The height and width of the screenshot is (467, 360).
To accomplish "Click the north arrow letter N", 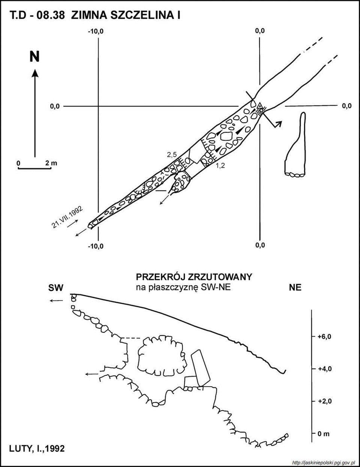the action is [34, 57].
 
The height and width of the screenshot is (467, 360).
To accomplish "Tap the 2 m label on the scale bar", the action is [51, 163].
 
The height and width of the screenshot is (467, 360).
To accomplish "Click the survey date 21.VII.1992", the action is [67, 217].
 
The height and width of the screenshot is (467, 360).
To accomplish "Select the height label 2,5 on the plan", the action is [172, 154].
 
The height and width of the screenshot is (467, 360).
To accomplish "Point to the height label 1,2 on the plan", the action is [220, 166].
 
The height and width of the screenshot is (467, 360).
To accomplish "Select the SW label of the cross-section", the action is [55, 288].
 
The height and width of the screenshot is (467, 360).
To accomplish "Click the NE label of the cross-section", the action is [295, 287].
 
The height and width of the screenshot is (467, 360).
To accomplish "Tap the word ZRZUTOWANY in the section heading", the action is [220, 277].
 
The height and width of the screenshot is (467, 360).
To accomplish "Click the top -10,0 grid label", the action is [96, 31].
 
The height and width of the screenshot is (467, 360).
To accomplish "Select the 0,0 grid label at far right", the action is [346, 106].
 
